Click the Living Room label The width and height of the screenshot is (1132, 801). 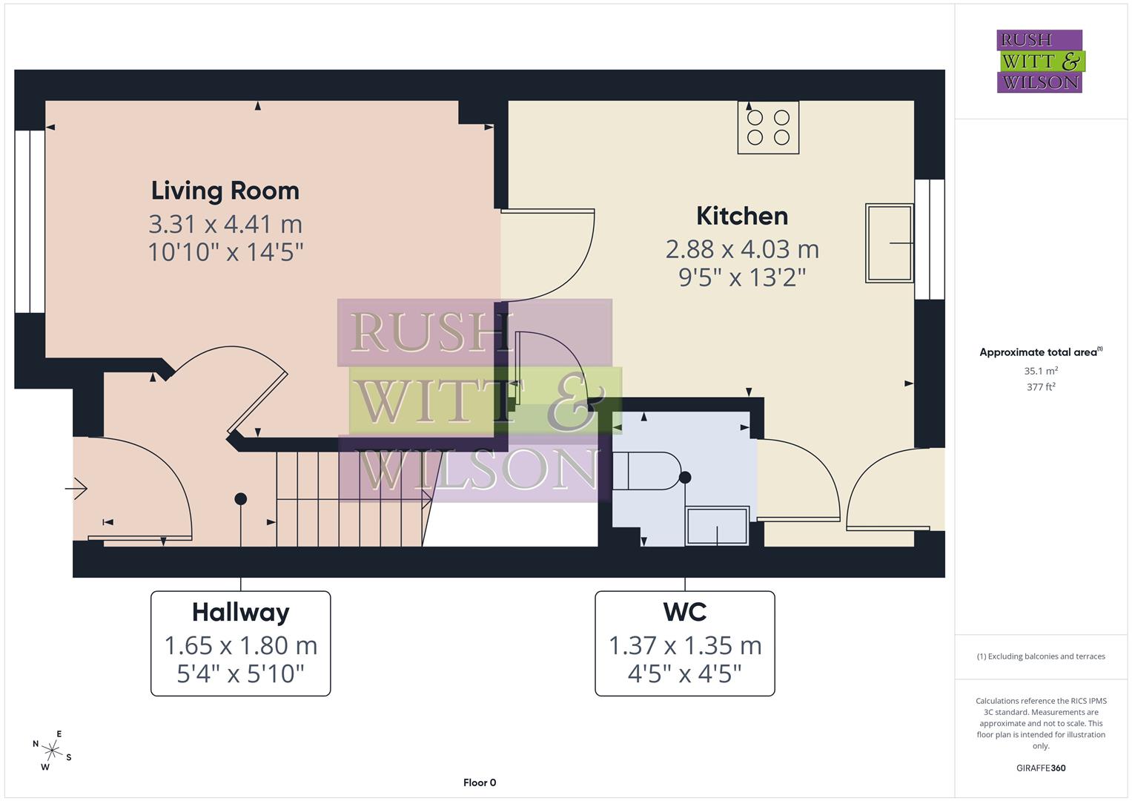[x=225, y=191]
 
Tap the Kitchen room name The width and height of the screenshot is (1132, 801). [x=741, y=216]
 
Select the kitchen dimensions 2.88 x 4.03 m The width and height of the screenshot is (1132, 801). [x=741, y=249]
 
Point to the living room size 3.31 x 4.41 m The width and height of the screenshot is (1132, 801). [x=225, y=224]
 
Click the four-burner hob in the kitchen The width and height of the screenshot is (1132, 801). [x=768, y=128]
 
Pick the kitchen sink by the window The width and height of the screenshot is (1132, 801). [x=890, y=243]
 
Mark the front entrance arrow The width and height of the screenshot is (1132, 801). [x=77, y=488]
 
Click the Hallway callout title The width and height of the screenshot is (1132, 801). [x=240, y=612]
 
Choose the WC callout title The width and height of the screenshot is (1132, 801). [x=684, y=612]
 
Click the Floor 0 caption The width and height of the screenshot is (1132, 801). [x=479, y=782]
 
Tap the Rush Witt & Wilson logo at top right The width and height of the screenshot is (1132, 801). [x=1039, y=62]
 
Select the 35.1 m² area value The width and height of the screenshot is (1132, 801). [x=1040, y=371]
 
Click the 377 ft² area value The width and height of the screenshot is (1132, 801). [x=1040, y=386]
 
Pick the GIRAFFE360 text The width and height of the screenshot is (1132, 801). [x=1040, y=768]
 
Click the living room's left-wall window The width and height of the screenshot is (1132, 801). [x=30, y=222]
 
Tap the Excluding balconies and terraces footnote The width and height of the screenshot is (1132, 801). [x=1040, y=656]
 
